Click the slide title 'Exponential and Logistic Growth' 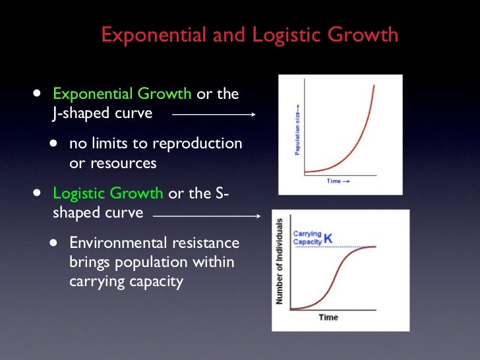[x=249, y=34]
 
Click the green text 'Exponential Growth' [x=122, y=94]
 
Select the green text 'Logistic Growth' [x=107, y=193]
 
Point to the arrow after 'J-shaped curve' [x=214, y=114]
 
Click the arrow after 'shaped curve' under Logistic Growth [x=207, y=215]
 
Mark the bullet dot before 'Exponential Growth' [x=36, y=93]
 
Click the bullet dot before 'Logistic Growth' [x=36, y=193]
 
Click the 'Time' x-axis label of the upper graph [x=338, y=181]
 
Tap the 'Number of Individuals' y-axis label [x=280, y=261]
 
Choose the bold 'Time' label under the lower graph [x=328, y=317]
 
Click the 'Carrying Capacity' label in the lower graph [x=308, y=237]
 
